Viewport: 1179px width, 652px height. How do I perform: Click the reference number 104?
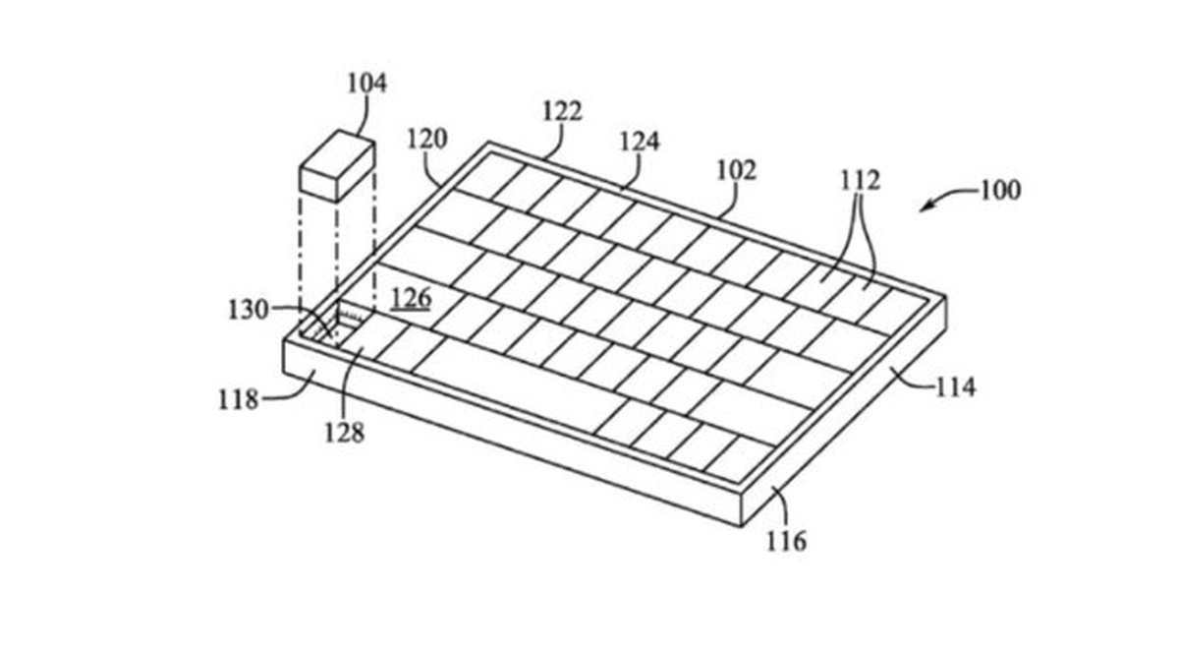367,84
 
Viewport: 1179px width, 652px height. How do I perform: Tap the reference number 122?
562,111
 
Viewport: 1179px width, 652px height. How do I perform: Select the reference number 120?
427,139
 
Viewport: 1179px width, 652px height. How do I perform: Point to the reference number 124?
640,142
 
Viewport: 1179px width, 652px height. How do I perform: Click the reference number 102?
737,171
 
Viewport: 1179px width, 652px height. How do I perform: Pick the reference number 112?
861,181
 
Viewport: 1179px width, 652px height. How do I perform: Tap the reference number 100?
1000,190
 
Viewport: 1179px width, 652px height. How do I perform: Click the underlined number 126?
411,298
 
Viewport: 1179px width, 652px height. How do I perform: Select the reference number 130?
249,310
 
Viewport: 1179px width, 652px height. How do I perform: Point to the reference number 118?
239,399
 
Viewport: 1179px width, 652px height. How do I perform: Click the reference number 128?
344,434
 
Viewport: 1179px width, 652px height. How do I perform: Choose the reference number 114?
956,388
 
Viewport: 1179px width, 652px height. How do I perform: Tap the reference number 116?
786,541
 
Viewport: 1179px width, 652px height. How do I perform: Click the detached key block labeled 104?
337,166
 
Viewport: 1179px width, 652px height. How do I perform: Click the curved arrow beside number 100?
947,198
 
